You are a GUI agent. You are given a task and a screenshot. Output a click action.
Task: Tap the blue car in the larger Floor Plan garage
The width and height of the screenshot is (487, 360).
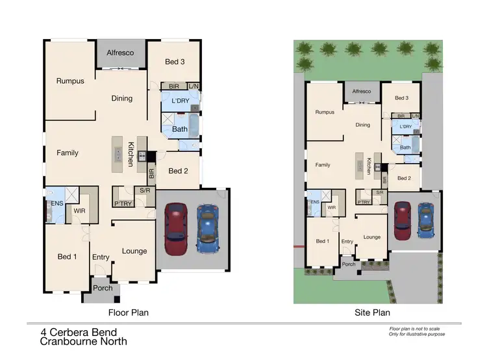[207, 229]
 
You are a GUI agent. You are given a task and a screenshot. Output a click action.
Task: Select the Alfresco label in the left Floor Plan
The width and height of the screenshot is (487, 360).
[120, 52]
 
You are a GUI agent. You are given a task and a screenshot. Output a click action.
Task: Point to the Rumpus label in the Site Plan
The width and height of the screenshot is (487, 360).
[325, 112]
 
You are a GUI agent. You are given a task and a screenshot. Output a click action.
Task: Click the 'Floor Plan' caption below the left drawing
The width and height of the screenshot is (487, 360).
[128, 313]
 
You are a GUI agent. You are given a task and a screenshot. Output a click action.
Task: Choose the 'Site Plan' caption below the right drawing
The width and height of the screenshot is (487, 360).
[373, 313]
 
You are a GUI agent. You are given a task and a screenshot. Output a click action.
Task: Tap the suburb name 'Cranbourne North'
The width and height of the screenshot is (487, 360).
[83, 341]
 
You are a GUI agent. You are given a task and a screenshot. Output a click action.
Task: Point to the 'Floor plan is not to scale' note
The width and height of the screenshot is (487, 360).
[416, 330]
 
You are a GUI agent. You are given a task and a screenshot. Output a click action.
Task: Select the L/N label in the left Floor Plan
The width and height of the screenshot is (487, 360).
[194, 86]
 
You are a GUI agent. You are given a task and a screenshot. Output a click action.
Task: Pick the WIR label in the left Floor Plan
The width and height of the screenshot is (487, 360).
[79, 211]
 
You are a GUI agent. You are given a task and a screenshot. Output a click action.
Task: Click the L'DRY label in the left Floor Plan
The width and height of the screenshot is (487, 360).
[180, 101]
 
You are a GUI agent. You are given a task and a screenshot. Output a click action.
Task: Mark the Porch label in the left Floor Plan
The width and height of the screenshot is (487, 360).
[103, 288]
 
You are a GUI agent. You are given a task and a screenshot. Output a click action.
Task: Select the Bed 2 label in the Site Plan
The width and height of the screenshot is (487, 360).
[404, 178]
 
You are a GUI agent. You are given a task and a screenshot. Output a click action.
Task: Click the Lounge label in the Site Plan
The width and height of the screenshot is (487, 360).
[372, 237]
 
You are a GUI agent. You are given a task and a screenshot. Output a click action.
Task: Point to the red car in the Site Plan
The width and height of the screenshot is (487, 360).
[403, 216]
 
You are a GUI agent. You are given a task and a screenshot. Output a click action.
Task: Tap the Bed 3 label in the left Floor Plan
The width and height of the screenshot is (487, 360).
[175, 62]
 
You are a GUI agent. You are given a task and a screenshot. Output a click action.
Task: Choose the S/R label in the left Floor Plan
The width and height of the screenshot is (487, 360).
[145, 190]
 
